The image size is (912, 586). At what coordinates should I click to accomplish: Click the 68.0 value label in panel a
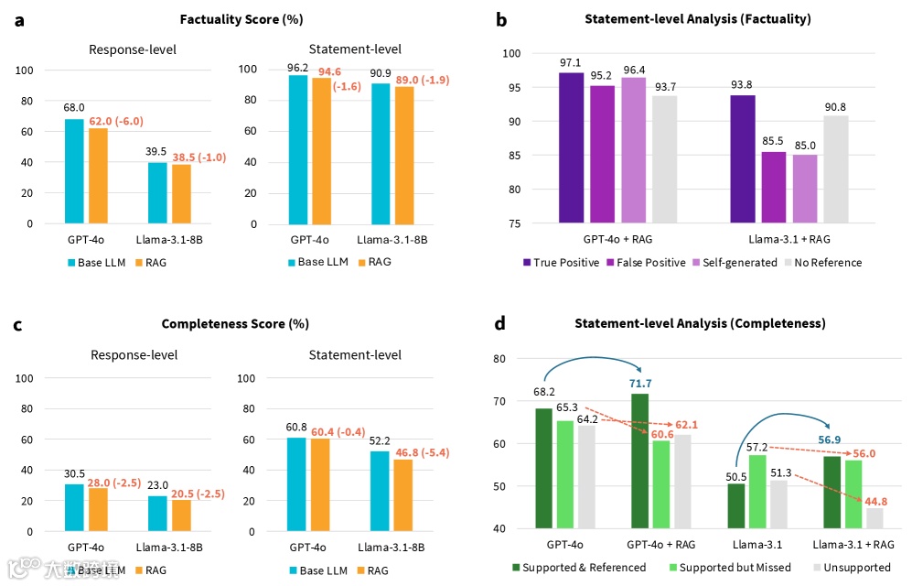(74, 107)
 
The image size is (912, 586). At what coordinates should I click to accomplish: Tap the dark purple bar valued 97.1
(571, 146)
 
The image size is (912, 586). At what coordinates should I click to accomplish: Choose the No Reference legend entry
(821, 263)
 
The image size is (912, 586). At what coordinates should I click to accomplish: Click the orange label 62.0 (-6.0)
(115, 120)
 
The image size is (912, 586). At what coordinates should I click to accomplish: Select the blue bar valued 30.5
(74, 507)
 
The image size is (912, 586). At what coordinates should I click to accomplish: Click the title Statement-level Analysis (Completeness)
(700, 323)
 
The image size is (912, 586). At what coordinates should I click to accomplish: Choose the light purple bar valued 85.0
(804, 188)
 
